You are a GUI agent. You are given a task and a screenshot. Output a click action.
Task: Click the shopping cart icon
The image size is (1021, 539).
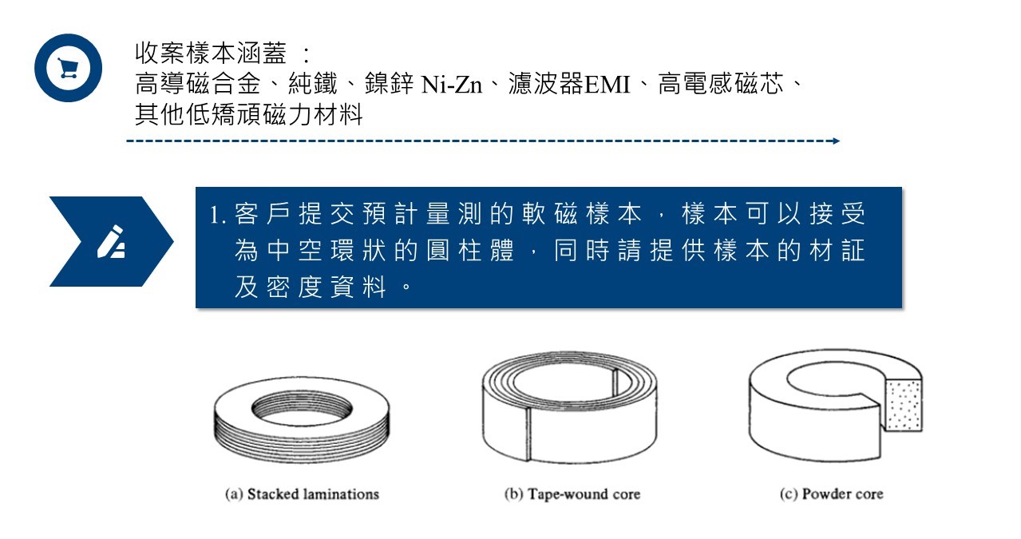tap(69, 68)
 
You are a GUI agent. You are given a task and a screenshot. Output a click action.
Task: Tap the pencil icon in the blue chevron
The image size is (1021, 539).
tap(111, 242)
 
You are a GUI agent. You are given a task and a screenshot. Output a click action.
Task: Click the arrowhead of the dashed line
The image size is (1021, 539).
tap(836, 141)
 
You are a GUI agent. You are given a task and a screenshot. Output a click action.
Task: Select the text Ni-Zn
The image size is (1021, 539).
tap(451, 85)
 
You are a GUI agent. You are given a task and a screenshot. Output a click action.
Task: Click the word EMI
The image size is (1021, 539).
tap(607, 85)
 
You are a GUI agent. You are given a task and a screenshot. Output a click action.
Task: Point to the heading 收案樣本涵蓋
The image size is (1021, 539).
tap(211, 54)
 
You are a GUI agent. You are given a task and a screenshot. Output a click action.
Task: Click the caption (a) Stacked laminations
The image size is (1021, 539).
tap(303, 494)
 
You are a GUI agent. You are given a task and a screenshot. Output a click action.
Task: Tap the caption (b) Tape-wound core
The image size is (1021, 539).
tap(572, 494)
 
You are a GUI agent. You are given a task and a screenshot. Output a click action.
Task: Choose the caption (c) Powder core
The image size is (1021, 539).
tap(831, 494)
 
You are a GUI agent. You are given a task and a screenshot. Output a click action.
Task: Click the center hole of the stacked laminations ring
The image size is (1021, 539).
tap(302, 406)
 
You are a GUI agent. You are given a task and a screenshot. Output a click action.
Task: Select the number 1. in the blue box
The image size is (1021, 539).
tap(217, 214)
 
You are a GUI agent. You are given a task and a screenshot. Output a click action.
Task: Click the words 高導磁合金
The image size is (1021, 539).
tap(198, 85)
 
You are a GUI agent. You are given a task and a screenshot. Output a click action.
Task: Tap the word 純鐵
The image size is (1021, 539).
tap(313, 85)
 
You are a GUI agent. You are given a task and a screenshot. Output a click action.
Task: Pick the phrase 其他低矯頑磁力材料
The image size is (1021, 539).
tap(249, 114)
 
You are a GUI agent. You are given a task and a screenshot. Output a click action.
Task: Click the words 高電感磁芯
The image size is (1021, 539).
tap(721, 85)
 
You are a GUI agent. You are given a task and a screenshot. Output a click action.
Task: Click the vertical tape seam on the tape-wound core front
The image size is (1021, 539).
tap(528, 434)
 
